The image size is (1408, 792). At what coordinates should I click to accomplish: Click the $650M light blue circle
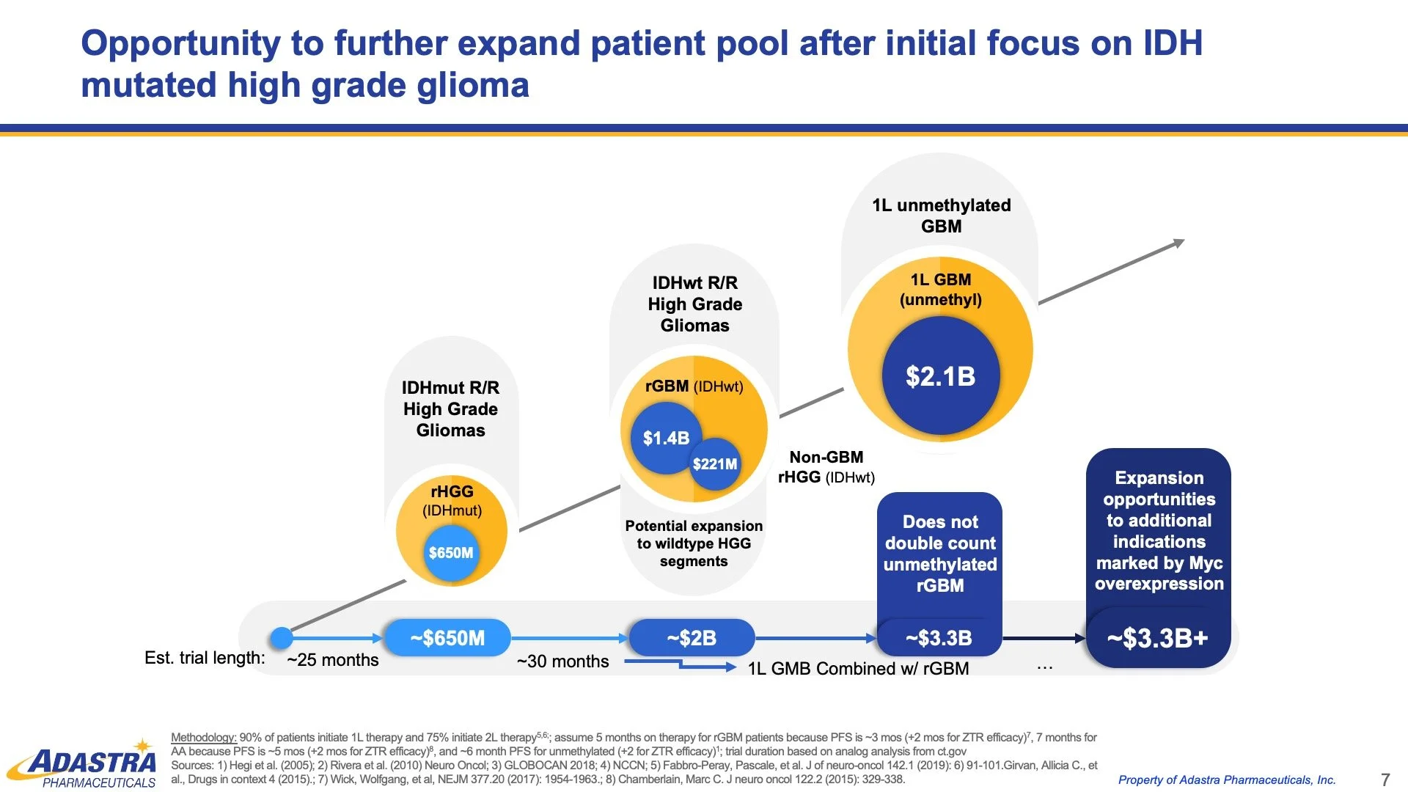(x=451, y=553)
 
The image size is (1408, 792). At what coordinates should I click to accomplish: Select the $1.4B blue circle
(x=666, y=438)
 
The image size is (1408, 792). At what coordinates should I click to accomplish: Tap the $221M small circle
(x=715, y=464)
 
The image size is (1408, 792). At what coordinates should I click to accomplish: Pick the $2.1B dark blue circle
(x=940, y=376)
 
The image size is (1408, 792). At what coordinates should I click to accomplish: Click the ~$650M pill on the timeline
(x=447, y=638)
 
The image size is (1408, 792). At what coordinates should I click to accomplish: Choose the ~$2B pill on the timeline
(x=692, y=638)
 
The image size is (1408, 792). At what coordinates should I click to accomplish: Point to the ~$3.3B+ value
(x=1157, y=639)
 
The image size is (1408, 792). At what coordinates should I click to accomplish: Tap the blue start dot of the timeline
(x=282, y=638)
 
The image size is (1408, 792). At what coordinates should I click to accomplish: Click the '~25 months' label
(x=333, y=660)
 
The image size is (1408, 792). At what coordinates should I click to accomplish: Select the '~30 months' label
(x=562, y=661)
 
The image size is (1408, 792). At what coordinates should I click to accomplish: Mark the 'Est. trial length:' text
(x=205, y=658)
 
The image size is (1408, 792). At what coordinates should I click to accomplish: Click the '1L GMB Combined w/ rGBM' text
(x=858, y=669)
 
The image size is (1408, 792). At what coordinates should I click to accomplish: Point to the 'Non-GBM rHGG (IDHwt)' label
(x=826, y=467)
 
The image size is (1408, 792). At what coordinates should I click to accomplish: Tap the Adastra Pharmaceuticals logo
(x=84, y=766)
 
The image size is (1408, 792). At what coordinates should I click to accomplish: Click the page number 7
(x=1385, y=780)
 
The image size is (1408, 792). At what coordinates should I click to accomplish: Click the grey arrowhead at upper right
(x=1178, y=243)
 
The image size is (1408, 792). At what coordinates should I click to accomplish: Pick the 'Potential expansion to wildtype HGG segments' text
(x=694, y=543)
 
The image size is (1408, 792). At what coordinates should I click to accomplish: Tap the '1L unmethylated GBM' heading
(x=941, y=216)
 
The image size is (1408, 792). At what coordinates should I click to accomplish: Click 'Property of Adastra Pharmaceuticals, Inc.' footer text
(x=1226, y=780)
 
